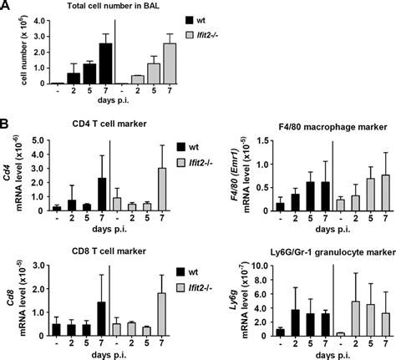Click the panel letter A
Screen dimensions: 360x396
point(6,7)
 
